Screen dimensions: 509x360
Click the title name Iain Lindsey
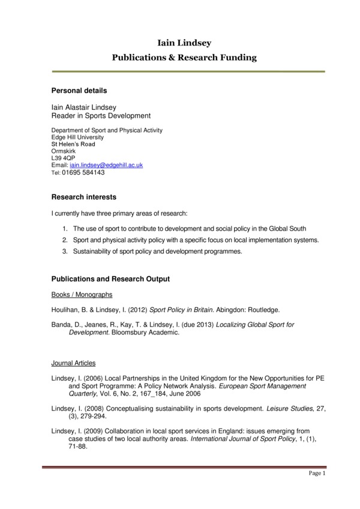(184, 43)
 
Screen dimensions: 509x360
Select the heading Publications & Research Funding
(184, 58)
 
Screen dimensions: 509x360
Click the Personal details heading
(79, 91)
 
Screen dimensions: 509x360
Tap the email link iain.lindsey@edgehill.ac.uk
(106, 164)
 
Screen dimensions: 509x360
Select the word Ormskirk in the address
(64, 151)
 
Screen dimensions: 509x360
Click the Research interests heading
(84, 197)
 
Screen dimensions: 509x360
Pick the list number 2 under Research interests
(65, 240)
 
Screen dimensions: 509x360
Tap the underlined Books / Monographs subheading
(82, 295)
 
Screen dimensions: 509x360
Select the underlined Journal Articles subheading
(73, 363)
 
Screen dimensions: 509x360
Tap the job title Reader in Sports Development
(101, 116)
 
